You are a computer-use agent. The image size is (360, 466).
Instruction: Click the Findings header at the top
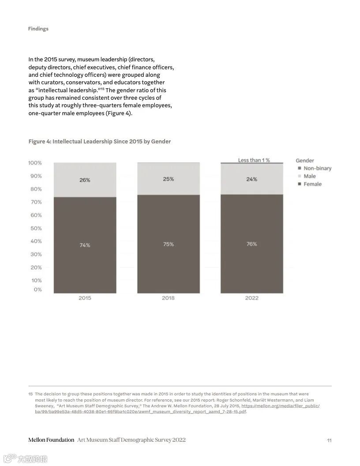tap(38, 29)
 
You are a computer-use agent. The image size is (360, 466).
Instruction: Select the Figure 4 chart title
tap(99, 141)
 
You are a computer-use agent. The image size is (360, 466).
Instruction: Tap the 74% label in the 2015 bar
tap(85, 245)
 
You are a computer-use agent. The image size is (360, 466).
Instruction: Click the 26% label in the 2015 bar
tap(85, 180)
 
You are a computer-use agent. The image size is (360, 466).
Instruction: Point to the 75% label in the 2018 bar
tap(168, 244)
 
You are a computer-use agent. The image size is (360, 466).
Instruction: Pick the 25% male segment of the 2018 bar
tap(168, 179)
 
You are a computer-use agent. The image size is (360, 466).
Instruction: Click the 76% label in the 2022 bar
tap(251, 244)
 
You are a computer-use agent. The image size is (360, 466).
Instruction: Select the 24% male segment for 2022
tap(251, 179)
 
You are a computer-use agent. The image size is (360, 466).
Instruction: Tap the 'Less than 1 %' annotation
tap(254, 160)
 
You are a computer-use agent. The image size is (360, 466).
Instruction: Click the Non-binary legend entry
tap(317, 168)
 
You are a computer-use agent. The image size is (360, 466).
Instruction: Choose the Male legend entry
tap(309, 176)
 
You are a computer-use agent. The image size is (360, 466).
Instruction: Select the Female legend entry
tap(312, 184)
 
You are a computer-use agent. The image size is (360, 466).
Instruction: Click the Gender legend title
tap(305, 161)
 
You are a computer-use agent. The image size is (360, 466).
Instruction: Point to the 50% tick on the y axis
tap(35, 228)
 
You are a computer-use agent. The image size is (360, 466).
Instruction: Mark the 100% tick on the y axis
tap(35, 163)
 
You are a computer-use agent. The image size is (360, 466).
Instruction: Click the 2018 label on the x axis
tap(168, 298)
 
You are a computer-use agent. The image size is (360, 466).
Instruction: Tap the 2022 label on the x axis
tap(251, 298)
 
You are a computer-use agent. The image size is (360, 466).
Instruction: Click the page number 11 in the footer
tap(329, 440)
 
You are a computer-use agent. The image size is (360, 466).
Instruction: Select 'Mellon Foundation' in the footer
tap(51, 440)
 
